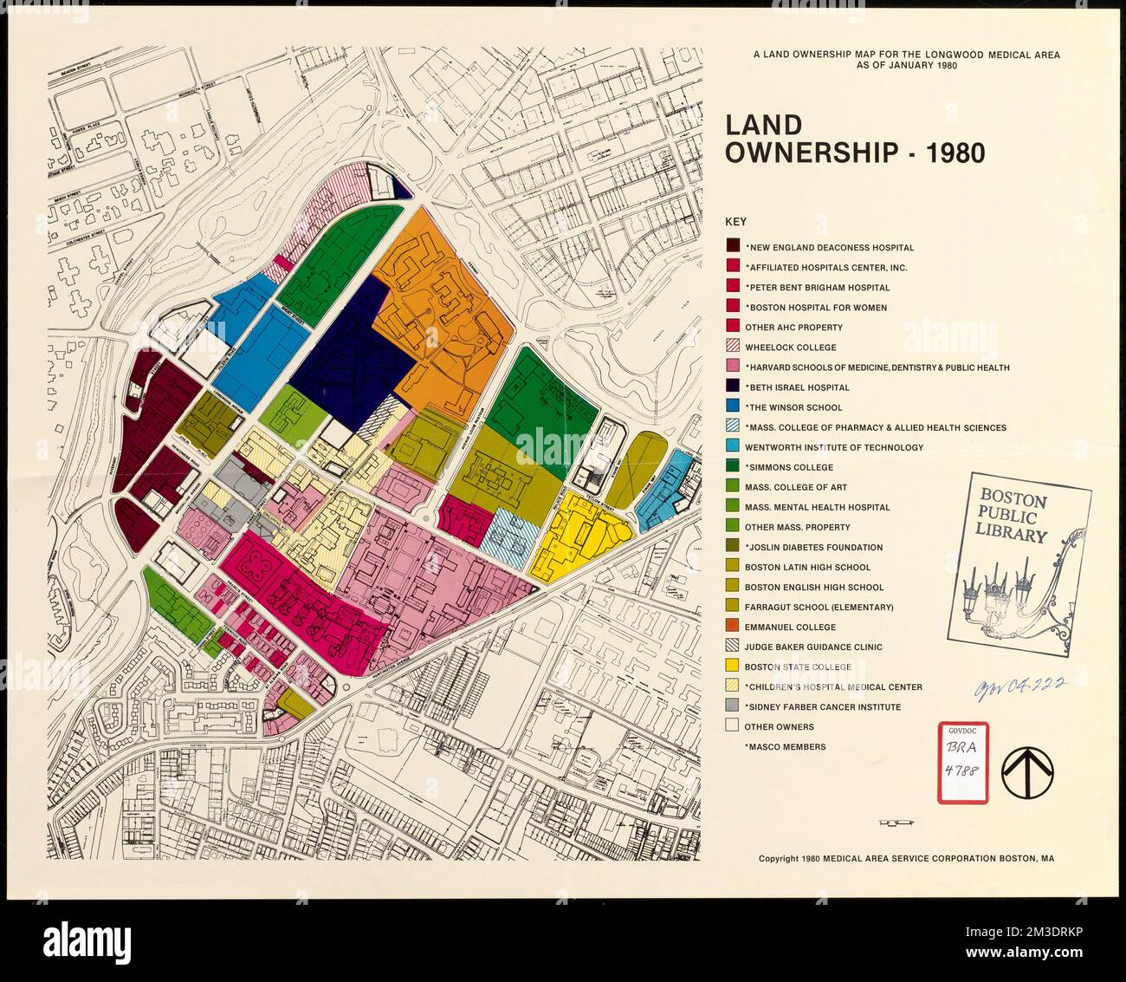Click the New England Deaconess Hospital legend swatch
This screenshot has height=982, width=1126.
(x=732, y=247)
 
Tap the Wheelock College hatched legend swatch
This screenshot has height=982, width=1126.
(x=732, y=347)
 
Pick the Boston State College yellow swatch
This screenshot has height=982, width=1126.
(x=732, y=667)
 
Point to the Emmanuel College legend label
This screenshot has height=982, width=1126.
(x=790, y=627)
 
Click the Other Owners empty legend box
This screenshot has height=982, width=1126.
(x=732, y=726)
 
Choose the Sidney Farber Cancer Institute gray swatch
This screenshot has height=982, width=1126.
(x=732, y=706)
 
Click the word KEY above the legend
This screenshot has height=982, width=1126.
(x=736, y=222)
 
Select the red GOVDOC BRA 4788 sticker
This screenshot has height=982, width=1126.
(x=963, y=762)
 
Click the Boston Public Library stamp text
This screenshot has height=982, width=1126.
(x=1013, y=517)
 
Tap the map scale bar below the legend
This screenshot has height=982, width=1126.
(x=896, y=821)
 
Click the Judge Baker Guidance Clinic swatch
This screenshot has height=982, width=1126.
(x=732, y=647)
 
